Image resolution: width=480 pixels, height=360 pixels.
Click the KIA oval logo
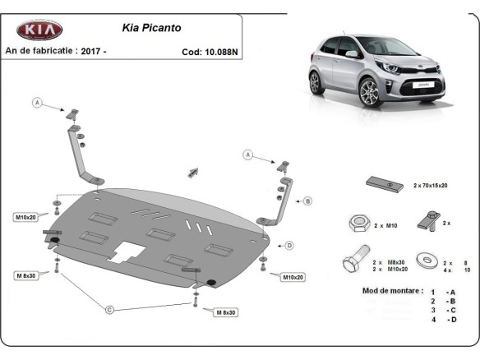click(39, 30)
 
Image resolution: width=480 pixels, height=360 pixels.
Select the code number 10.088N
click(221, 51)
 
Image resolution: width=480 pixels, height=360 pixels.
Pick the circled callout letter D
click(289, 244)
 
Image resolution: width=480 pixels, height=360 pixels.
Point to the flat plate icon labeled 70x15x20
click(384, 184)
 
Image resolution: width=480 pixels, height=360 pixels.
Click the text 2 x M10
click(385, 224)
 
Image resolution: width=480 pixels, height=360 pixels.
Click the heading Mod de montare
click(392, 291)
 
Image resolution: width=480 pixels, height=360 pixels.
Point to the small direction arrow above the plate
click(194, 171)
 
